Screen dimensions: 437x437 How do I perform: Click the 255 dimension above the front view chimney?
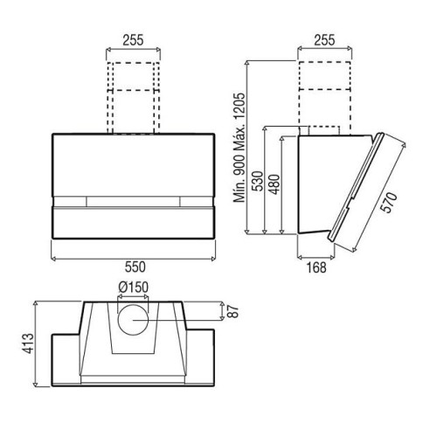click(x=133, y=40)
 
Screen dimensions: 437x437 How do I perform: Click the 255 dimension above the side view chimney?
click(x=324, y=40)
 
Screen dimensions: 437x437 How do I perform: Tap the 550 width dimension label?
click(x=135, y=267)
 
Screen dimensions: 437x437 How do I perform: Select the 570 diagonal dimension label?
click(x=391, y=203)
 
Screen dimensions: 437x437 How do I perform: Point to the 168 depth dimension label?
click(x=316, y=267)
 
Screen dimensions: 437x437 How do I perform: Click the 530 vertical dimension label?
click(x=258, y=181)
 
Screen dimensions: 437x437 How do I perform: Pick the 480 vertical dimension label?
click(x=274, y=184)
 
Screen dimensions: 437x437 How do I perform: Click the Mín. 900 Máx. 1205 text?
click(x=240, y=148)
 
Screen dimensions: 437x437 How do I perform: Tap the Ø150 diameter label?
click(x=133, y=288)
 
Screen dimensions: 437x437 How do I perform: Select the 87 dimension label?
click(x=232, y=311)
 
